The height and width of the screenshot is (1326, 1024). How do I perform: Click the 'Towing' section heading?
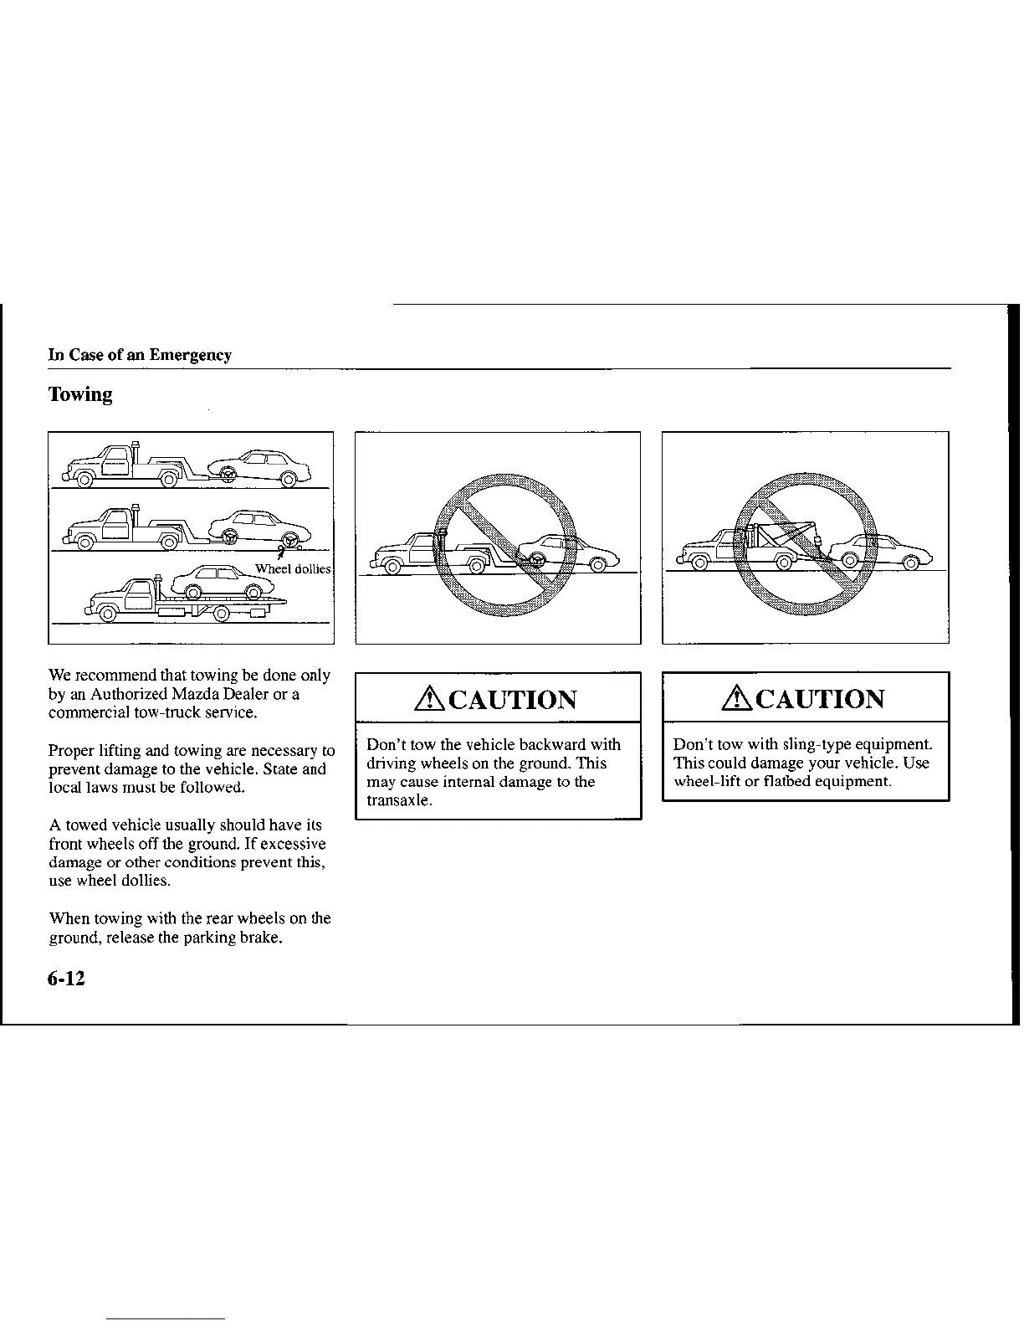click(80, 394)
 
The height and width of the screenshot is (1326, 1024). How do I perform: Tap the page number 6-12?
click(67, 979)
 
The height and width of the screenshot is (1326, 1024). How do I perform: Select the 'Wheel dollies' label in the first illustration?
click(293, 569)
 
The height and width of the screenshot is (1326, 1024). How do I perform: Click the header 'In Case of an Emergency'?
click(140, 355)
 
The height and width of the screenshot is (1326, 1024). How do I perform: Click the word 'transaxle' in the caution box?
click(397, 800)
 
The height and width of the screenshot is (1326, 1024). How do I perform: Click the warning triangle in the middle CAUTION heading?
click(432, 698)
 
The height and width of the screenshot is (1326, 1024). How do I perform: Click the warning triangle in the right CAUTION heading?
click(739, 698)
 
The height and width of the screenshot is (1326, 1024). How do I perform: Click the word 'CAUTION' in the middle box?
click(513, 699)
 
